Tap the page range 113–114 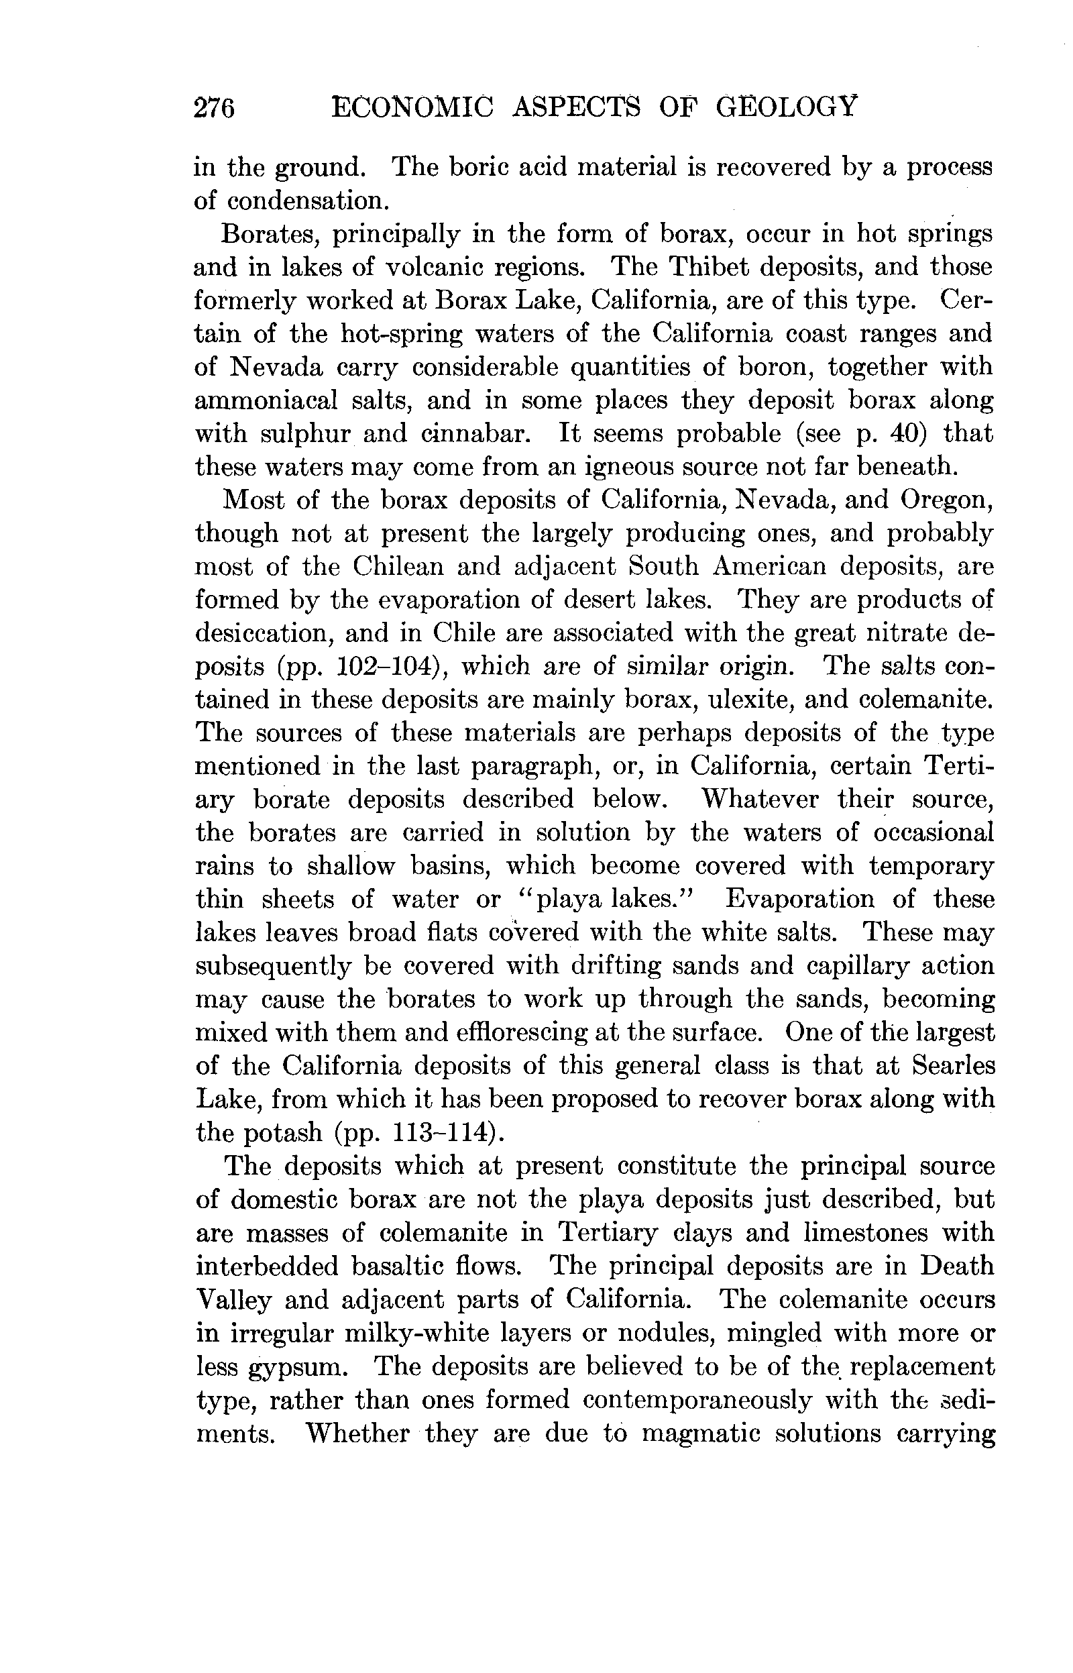pyautogui.click(x=443, y=1132)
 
